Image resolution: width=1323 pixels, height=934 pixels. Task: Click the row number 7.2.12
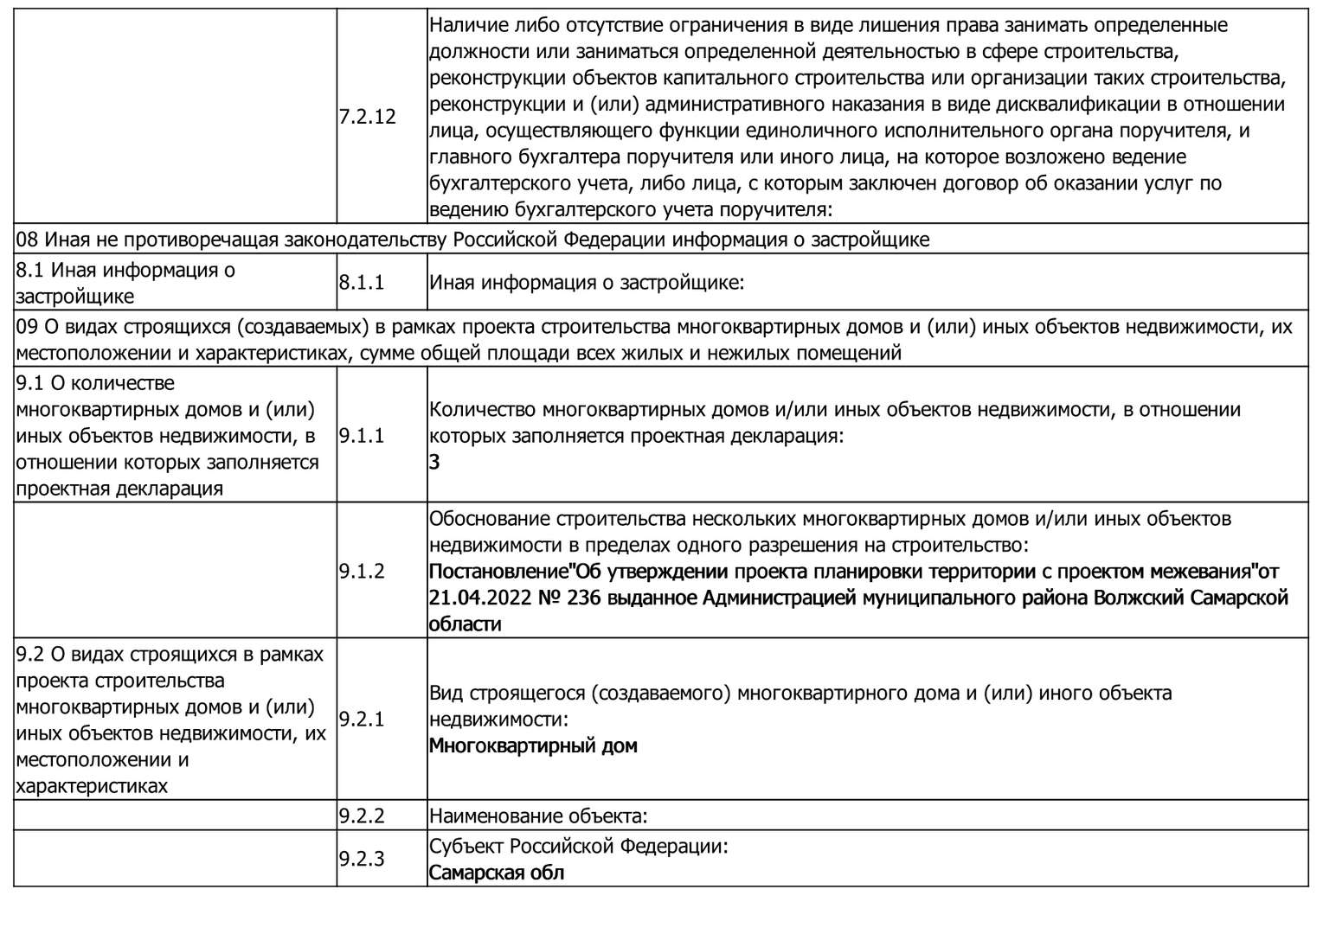[367, 117]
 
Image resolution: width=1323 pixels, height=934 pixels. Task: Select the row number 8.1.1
[361, 283]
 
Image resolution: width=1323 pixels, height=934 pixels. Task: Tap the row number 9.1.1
[361, 436]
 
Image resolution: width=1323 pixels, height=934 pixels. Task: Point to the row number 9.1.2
[361, 572]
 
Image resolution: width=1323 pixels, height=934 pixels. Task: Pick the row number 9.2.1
[361, 720]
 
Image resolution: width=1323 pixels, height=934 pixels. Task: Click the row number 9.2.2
[361, 816]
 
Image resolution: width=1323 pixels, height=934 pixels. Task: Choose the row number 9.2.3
[361, 859]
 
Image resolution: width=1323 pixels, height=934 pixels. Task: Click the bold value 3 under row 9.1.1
[434, 462]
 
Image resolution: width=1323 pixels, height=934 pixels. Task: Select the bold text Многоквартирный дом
[533, 745]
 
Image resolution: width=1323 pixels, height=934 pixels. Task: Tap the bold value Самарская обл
[497, 873]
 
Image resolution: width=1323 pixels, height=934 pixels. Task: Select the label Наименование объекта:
[538, 816]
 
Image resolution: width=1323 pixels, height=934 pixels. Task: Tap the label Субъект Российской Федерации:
[578, 846]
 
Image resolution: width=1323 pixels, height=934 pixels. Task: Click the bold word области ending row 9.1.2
[465, 624]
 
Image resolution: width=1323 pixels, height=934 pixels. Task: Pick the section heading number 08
[27, 240]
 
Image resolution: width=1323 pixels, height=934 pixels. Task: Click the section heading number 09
[27, 327]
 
